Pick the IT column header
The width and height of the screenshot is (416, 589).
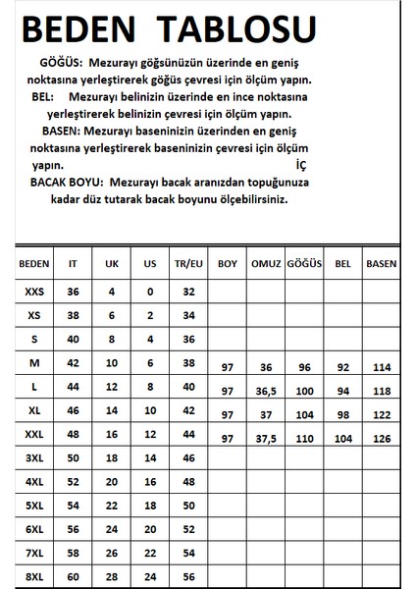pos(73,264)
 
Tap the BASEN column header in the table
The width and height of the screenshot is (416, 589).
pos(381,264)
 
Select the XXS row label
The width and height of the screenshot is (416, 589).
pos(33,292)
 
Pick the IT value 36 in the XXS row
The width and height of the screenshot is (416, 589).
pos(73,292)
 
